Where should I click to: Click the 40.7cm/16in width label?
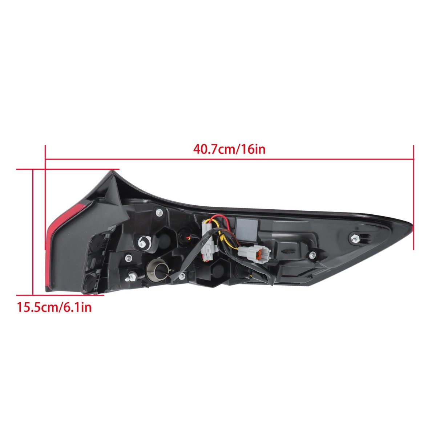pyautogui.click(x=229, y=150)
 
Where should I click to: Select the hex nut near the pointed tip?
pyautogui.click(x=354, y=238)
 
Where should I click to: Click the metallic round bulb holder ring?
pyautogui.click(x=157, y=271)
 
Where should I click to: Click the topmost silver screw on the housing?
pyautogui.click(x=160, y=212)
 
